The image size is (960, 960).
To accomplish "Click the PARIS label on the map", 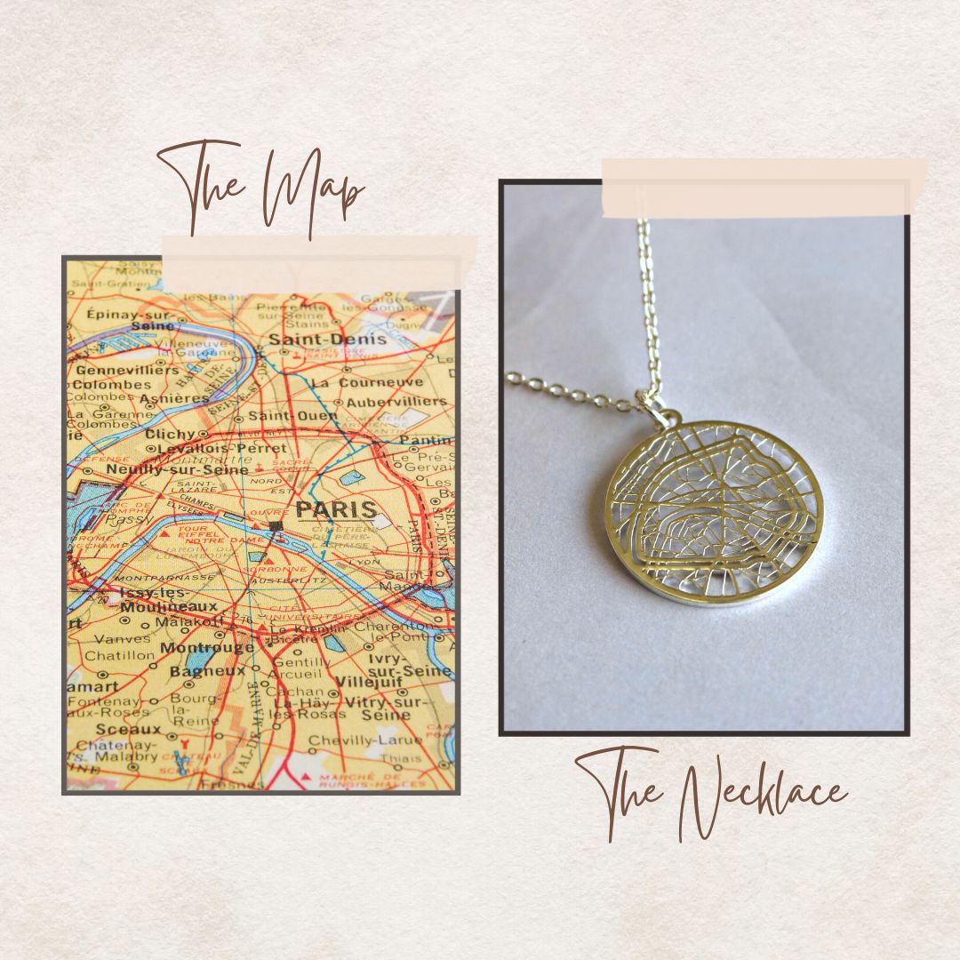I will pos(335,510).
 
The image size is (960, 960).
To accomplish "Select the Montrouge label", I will pos(207,648).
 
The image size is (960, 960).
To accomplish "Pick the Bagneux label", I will pos(207,670).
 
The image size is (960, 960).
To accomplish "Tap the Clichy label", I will pos(169,434).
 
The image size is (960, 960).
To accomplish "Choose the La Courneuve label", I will pos(367,382).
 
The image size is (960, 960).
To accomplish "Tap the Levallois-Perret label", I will pos(228,449).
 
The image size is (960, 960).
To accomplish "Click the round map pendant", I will pos(715,513).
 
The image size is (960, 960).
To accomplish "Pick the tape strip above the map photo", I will pos(318,263).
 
